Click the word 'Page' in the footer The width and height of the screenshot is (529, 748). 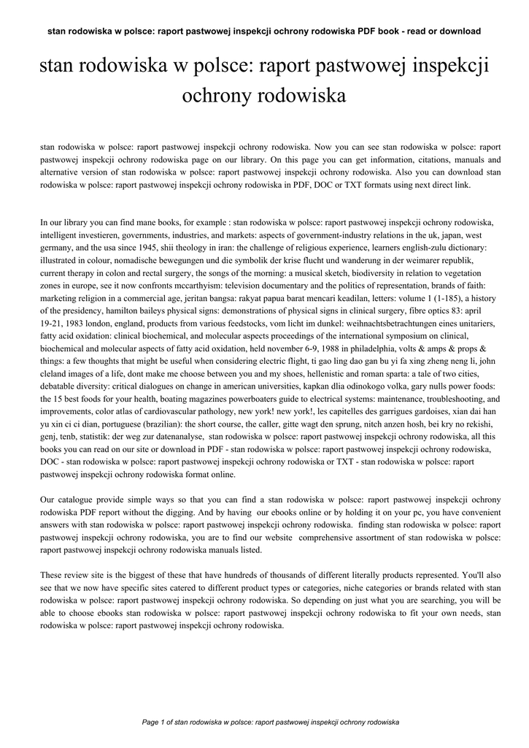tap(150, 722)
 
